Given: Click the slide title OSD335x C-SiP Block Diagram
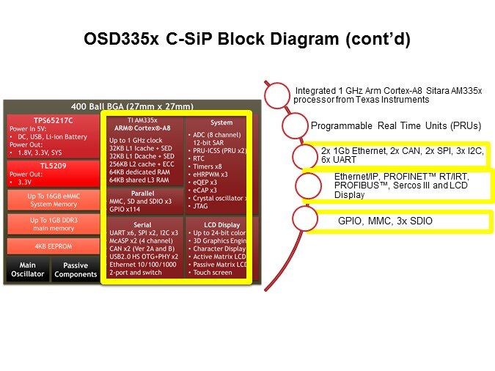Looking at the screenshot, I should (x=246, y=40).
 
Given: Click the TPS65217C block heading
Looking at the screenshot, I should (x=31, y=120).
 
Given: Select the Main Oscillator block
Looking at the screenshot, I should (x=28, y=270).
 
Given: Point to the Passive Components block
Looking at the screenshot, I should (x=76, y=270).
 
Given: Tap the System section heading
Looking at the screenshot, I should (x=221, y=123).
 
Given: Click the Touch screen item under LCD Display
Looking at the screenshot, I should (x=213, y=272).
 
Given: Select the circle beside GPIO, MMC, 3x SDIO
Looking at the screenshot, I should (x=304, y=220).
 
